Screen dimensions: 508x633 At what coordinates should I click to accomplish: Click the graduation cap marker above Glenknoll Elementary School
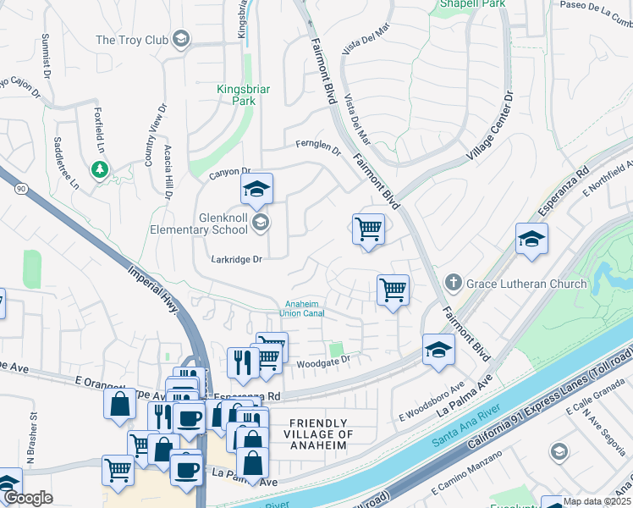(256, 190)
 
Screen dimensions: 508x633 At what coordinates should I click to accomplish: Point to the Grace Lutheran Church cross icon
(453, 281)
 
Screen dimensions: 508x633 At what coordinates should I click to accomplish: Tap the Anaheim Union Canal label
(301, 308)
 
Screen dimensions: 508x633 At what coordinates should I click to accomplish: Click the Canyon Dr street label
(230, 173)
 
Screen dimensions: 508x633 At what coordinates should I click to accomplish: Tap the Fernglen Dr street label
(317, 147)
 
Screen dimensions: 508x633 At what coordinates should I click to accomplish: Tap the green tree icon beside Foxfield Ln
(101, 170)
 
